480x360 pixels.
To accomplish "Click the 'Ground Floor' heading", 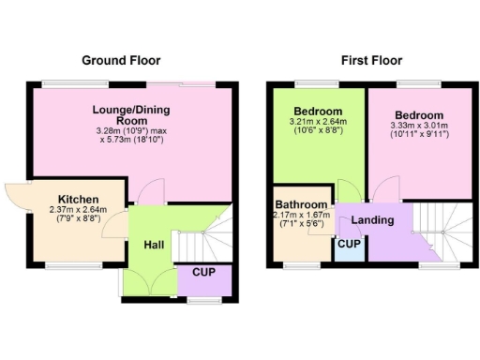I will coord(121,60).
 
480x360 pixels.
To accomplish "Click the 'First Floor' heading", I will coord(372,60).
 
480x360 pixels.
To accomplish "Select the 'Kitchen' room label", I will coord(78,200).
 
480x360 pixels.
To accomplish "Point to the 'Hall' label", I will coord(156,245).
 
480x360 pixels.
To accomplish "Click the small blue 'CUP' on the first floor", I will coord(349,245).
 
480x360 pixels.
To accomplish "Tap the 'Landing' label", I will coord(373,220).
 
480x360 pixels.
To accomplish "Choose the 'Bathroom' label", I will coord(301,205).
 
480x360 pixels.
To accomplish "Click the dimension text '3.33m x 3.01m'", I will coord(416,124).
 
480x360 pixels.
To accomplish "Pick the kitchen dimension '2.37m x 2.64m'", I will coord(78,210).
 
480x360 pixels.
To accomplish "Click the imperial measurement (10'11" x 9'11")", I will coord(416,134).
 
